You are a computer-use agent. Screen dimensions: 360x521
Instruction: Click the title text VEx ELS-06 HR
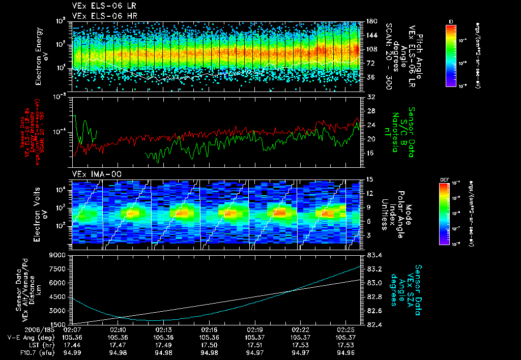point(99,16)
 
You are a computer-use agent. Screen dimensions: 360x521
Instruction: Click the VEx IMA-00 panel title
point(93,174)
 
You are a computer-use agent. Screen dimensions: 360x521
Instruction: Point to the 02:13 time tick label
point(164,329)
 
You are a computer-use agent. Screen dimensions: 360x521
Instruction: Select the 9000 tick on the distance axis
point(60,255)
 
